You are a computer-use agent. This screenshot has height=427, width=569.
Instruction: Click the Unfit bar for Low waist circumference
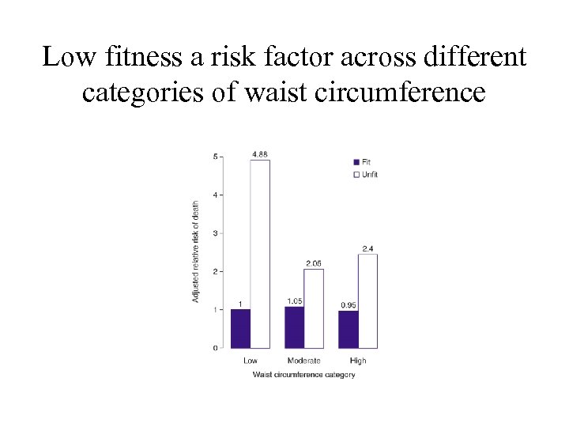260,254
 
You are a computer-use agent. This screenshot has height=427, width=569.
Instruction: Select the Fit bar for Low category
240,328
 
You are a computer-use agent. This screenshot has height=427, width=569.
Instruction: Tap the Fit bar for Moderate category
294,327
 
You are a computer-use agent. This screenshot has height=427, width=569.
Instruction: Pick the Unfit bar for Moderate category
314,308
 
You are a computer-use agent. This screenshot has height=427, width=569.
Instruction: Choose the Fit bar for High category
348,329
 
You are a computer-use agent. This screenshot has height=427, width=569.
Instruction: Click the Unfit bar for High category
367,300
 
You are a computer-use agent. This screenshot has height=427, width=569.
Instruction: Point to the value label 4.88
259,153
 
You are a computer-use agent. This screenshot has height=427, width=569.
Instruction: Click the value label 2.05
314,263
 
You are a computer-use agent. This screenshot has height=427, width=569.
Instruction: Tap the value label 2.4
368,249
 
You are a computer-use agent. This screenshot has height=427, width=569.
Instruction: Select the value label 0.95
348,304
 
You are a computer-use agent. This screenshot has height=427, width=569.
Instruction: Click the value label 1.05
294,300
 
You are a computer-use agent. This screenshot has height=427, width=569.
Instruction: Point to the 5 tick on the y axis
217,157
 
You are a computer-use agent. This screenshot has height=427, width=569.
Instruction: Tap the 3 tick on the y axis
217,233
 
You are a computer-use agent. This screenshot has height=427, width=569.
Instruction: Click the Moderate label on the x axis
304,361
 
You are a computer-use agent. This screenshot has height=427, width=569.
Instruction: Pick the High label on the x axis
358,361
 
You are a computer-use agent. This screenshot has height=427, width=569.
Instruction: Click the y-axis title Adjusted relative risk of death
195,251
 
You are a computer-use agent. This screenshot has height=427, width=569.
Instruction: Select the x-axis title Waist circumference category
303,374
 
